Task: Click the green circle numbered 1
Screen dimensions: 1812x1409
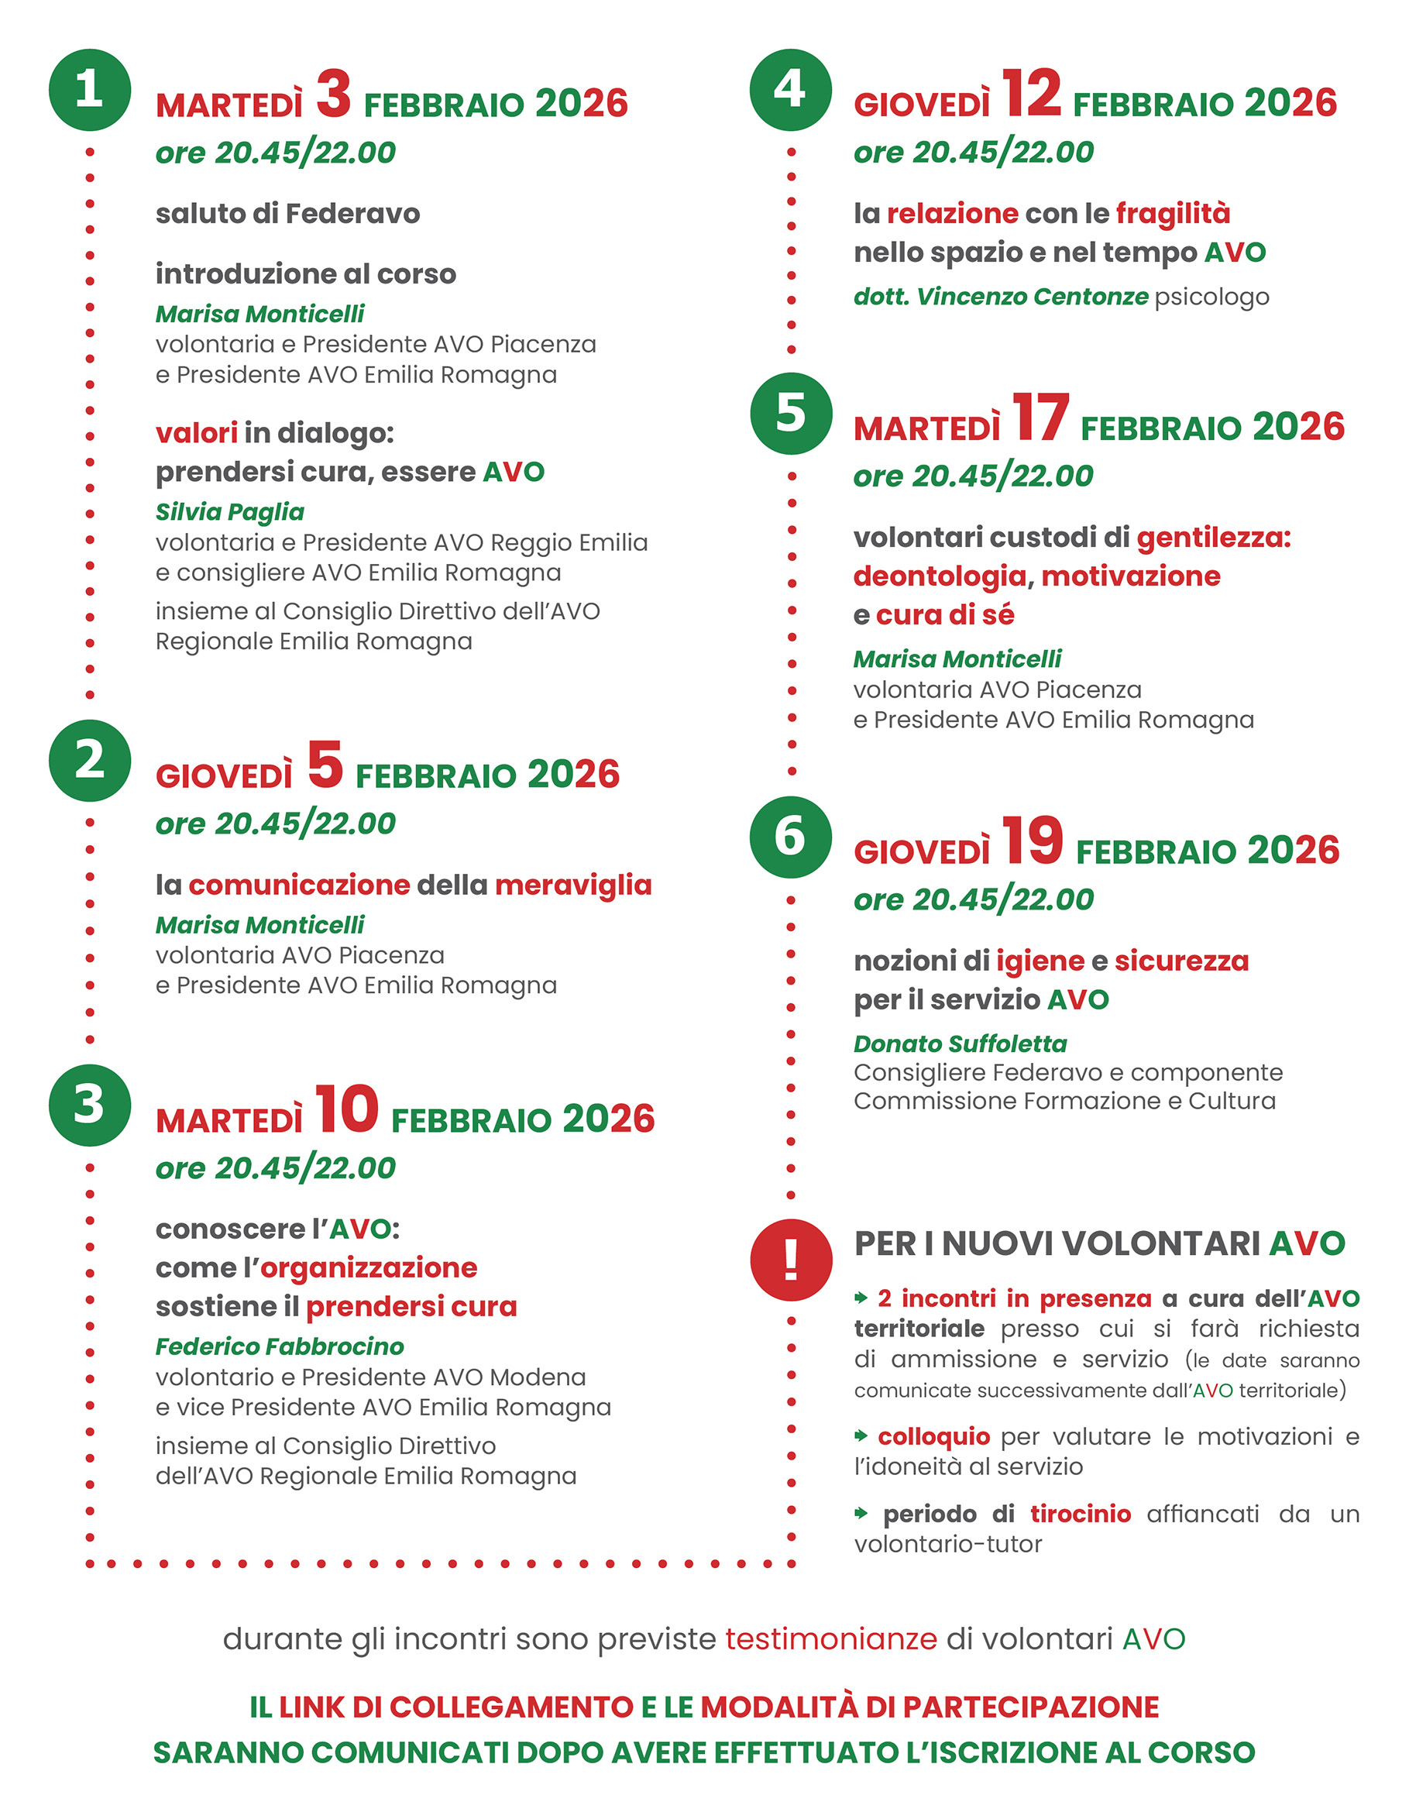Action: [90, 90]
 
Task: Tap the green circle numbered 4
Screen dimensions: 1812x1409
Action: [790, 90]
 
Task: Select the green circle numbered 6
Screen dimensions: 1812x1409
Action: [790, 837]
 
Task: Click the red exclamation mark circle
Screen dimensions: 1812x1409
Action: [791, 1260]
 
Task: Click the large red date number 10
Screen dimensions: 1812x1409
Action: [346, 1109]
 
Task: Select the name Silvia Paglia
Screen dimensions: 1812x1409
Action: [230, 512]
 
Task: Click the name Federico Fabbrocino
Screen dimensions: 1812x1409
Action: [280, 1346]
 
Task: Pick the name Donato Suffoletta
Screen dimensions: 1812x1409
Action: [960, 1044]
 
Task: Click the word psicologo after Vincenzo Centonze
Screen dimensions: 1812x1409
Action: [1211, 297]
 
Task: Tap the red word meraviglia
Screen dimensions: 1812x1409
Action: [573, 885]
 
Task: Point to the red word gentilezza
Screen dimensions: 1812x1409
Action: [1213, 538]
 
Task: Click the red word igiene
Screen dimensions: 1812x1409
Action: [1040, 961]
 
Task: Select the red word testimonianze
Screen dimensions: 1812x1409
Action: [830, 1639]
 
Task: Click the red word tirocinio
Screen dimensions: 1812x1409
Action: [1081, 1515]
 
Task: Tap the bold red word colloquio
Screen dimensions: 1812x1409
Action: [933, 1436]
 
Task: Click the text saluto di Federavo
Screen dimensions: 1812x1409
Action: [288, 214]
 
